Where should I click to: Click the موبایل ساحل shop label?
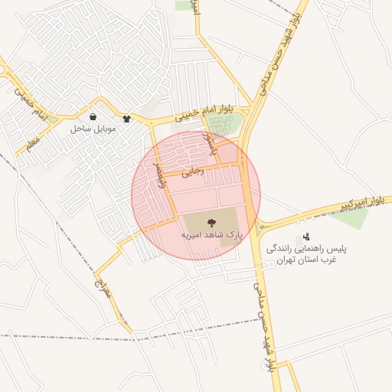click(93, 129)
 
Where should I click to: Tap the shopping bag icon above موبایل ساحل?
click(93, 118)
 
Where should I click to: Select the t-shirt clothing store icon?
click(126, 119)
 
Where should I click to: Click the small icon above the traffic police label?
click(306, 237)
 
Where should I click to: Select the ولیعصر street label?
click(158, 173)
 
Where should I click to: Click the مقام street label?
click(32, 142)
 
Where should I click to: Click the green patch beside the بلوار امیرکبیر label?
click(351, 217)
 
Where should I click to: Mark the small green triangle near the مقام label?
click(51, 120)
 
